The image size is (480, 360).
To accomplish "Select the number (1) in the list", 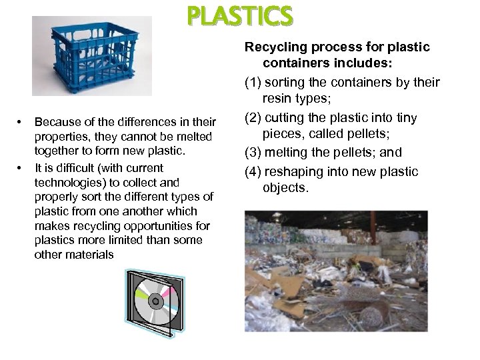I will click(x=254, y=83).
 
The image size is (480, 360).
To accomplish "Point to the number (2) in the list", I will click(x=254, y=118).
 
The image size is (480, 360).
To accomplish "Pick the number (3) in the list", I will click(x=254, y=153).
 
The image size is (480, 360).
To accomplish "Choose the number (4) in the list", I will click(x=254, y=171).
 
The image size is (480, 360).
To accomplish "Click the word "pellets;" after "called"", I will click(x=368, y=134).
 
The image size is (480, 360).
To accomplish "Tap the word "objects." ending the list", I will click(x=286, y=188).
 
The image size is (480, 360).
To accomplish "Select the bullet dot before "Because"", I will click(x=21, y=122).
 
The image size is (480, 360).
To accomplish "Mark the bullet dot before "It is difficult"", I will click(x=21, y=168).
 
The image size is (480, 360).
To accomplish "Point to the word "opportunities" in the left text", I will click(x=156, y=226).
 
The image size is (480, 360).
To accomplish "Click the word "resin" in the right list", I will click(x=279, y=99).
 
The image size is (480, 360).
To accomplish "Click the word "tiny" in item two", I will click(x=406, y=118).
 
